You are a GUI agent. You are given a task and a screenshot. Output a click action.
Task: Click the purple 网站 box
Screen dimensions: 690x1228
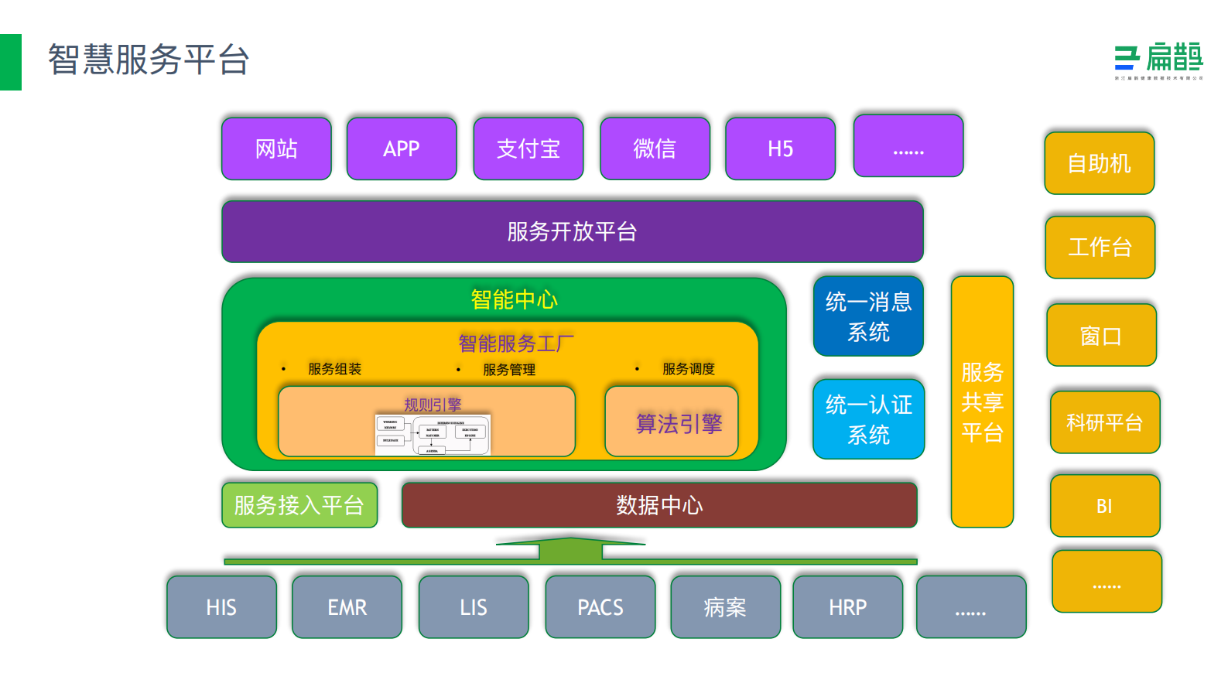276,149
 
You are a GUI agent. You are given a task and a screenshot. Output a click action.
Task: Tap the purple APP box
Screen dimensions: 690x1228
402,149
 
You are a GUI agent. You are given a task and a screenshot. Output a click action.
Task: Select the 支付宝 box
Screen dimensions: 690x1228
528,149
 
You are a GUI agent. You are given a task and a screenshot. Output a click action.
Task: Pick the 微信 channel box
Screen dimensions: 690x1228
655,149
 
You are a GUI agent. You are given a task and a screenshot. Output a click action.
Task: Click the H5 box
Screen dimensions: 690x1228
780,149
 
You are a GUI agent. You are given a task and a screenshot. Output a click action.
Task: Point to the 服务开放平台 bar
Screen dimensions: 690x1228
572,231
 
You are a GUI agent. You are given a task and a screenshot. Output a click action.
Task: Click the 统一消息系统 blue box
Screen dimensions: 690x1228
868,316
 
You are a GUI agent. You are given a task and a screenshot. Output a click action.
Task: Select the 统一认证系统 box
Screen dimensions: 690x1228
868,419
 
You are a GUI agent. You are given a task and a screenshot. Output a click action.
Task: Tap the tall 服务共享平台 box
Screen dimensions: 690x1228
982,402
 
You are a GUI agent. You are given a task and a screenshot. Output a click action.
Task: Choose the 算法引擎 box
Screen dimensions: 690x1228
672,422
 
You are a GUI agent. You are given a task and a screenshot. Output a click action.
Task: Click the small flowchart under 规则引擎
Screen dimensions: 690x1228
433,435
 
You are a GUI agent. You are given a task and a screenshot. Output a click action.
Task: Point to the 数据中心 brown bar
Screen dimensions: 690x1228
659,505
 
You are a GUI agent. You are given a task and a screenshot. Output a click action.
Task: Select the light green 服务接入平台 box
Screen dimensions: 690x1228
299,505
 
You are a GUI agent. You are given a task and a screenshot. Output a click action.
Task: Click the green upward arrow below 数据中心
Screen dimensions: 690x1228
570,550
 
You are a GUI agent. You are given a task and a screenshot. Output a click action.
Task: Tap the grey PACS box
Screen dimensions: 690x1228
600,607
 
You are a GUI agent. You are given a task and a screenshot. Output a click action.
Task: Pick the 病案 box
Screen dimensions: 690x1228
725,607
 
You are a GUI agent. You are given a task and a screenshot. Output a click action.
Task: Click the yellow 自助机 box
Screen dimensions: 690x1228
1099,163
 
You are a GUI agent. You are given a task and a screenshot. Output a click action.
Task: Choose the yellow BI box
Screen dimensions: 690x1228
1104,506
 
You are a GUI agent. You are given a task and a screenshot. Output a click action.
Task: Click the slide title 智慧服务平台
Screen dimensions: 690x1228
149,60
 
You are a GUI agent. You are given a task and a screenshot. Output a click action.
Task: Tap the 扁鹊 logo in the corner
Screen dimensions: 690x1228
1158,61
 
